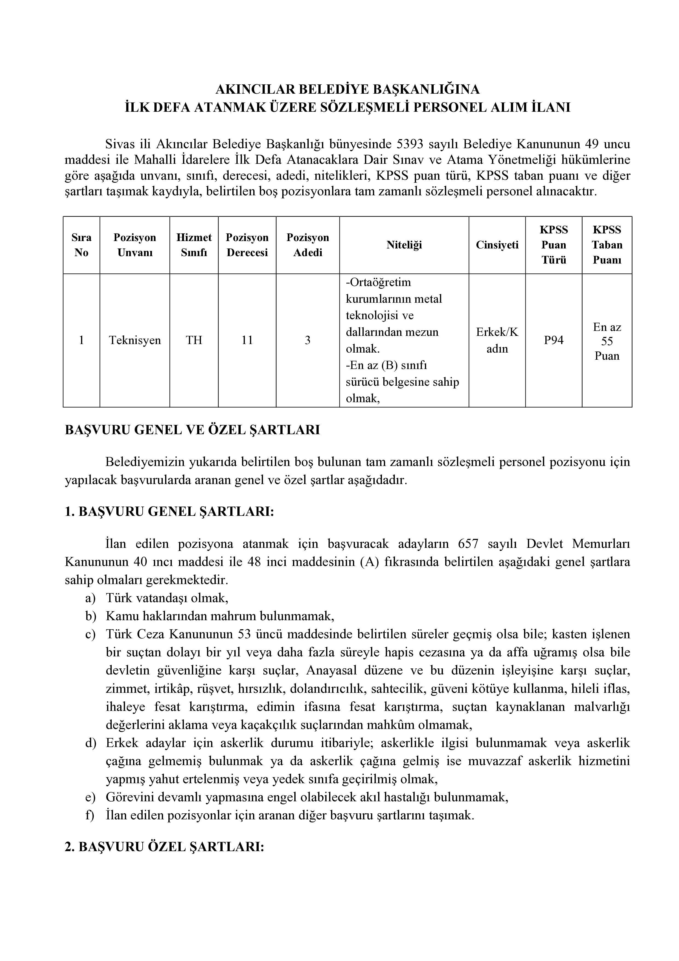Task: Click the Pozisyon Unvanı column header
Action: point(135,245)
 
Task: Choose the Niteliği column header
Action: point(404,245)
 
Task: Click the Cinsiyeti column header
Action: point(497,245)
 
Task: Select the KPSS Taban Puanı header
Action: point(607,245)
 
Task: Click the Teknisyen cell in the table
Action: point(135,340)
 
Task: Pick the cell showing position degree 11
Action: point(247,340)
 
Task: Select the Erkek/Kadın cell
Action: point(497,340)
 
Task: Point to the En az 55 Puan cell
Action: point(607,341)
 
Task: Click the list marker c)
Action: point(90,634)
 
